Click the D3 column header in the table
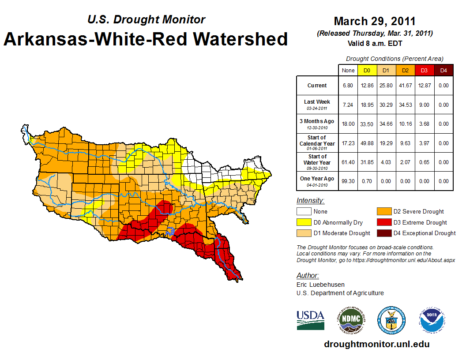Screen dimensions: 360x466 (x=425, y=70)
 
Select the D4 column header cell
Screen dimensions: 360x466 (x=444, y=70)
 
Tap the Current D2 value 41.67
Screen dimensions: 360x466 (x=406, y=86)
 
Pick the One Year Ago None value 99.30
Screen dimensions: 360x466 (x=348, y=181)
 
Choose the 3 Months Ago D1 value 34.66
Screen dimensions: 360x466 (x=386, y=124)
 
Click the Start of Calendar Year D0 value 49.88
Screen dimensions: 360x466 (x=367, y=143)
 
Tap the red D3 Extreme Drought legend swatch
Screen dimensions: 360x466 (x=383, y=222)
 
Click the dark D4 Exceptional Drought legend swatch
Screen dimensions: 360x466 (x=383, y=233)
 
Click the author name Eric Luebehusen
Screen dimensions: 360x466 (x=320, y=285)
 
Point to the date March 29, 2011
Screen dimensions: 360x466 (x=375, y=21)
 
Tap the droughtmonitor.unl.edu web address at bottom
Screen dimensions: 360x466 (x=376, y=344)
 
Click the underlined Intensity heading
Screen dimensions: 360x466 (x=310, y=201)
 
